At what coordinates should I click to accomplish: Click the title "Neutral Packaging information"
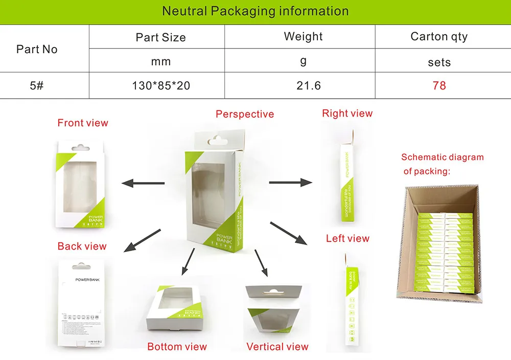[255, 11]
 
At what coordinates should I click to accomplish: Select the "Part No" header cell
[37, 49]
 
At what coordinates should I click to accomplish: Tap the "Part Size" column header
[160, 37]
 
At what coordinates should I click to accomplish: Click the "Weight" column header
[303, 36]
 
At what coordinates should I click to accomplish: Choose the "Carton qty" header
[439, 36]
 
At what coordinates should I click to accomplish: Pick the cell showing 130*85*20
[160, 85]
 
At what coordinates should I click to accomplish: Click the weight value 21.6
[309, 85]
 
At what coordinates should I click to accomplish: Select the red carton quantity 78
[439, 85]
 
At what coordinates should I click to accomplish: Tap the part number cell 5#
[37, 85]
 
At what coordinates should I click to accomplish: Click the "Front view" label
[83, 123]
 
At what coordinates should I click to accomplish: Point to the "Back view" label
[82, 246]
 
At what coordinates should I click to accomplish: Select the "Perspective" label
[245, 114]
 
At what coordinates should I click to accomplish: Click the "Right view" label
[347, 113]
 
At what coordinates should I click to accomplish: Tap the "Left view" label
[347, 238]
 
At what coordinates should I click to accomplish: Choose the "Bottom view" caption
[177, 347]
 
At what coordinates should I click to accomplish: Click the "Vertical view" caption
[277, 347]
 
